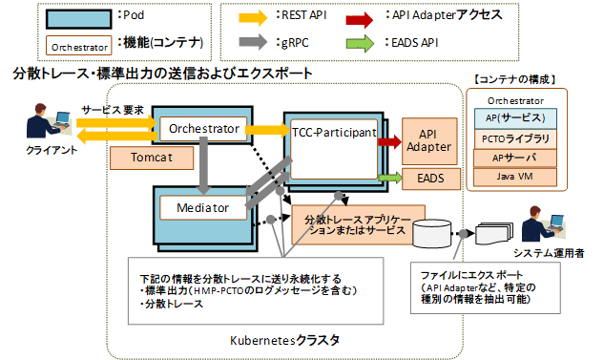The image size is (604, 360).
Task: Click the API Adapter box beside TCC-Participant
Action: (x=429, y=140)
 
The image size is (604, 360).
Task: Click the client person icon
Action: (x=42, y=121)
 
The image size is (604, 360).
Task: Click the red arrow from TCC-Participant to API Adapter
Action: (x=388, y=141)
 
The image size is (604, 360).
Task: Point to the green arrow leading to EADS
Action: (x=388, y=177)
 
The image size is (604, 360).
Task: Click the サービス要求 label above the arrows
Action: (x=112, y=111)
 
